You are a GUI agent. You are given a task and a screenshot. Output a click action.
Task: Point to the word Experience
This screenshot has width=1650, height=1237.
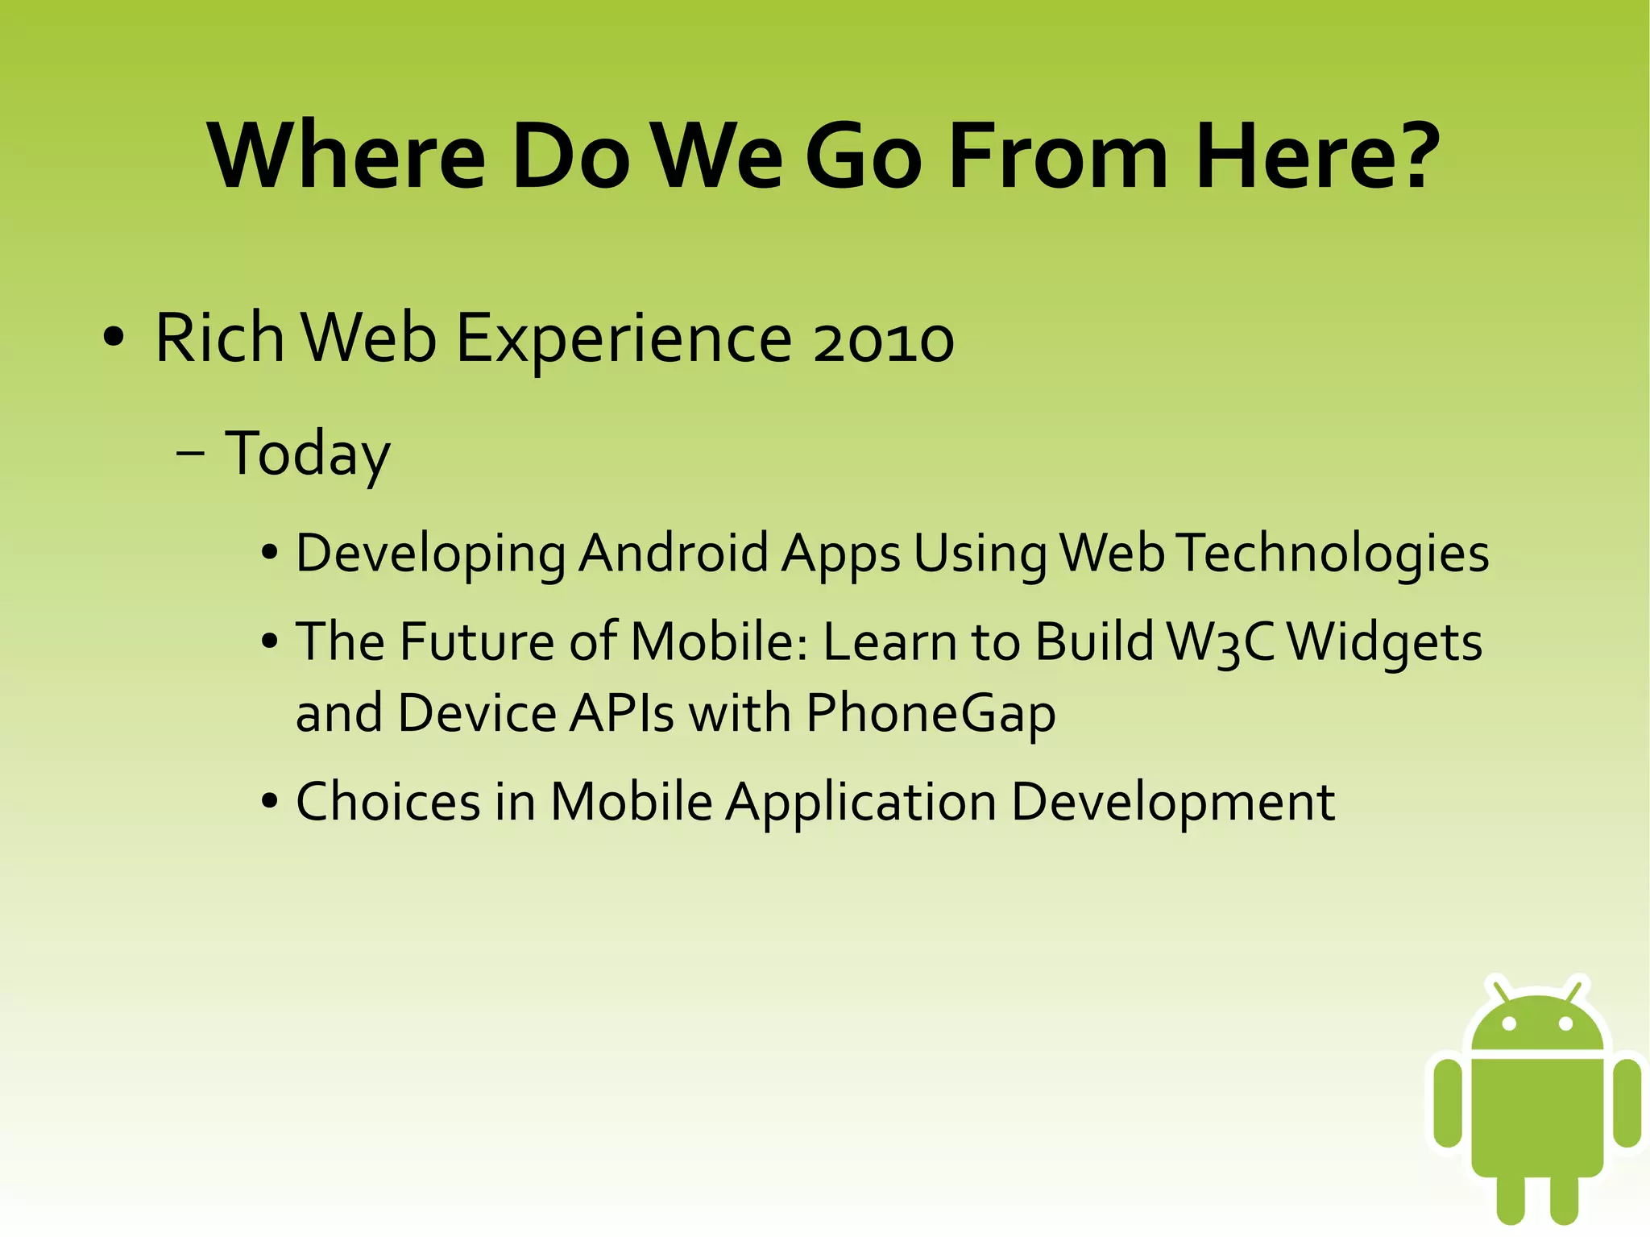pos(624,339)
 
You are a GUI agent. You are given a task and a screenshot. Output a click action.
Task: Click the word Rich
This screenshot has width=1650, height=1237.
pos(219,338)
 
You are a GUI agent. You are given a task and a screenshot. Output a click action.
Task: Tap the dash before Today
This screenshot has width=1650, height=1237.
pos(190,454)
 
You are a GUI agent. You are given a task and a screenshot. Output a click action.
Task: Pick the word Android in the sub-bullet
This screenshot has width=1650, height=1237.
pos(674,554)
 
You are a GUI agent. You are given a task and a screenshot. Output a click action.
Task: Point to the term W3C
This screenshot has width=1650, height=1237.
pos(1221,643)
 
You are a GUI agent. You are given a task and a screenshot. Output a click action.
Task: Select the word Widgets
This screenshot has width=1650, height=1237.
pos(1383,643)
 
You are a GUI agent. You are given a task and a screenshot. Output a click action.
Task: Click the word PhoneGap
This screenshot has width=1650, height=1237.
pos(931,714)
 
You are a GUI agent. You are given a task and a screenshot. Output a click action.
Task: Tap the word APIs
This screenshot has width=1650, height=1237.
pos(621,714)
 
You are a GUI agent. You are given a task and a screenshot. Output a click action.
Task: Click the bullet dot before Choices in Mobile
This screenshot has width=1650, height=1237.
pos(270,803)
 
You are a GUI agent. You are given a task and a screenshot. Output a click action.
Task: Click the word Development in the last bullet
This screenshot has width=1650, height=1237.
pos(1172,803)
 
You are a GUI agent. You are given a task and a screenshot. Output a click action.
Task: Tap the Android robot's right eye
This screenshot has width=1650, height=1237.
pos(1565,1024)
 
